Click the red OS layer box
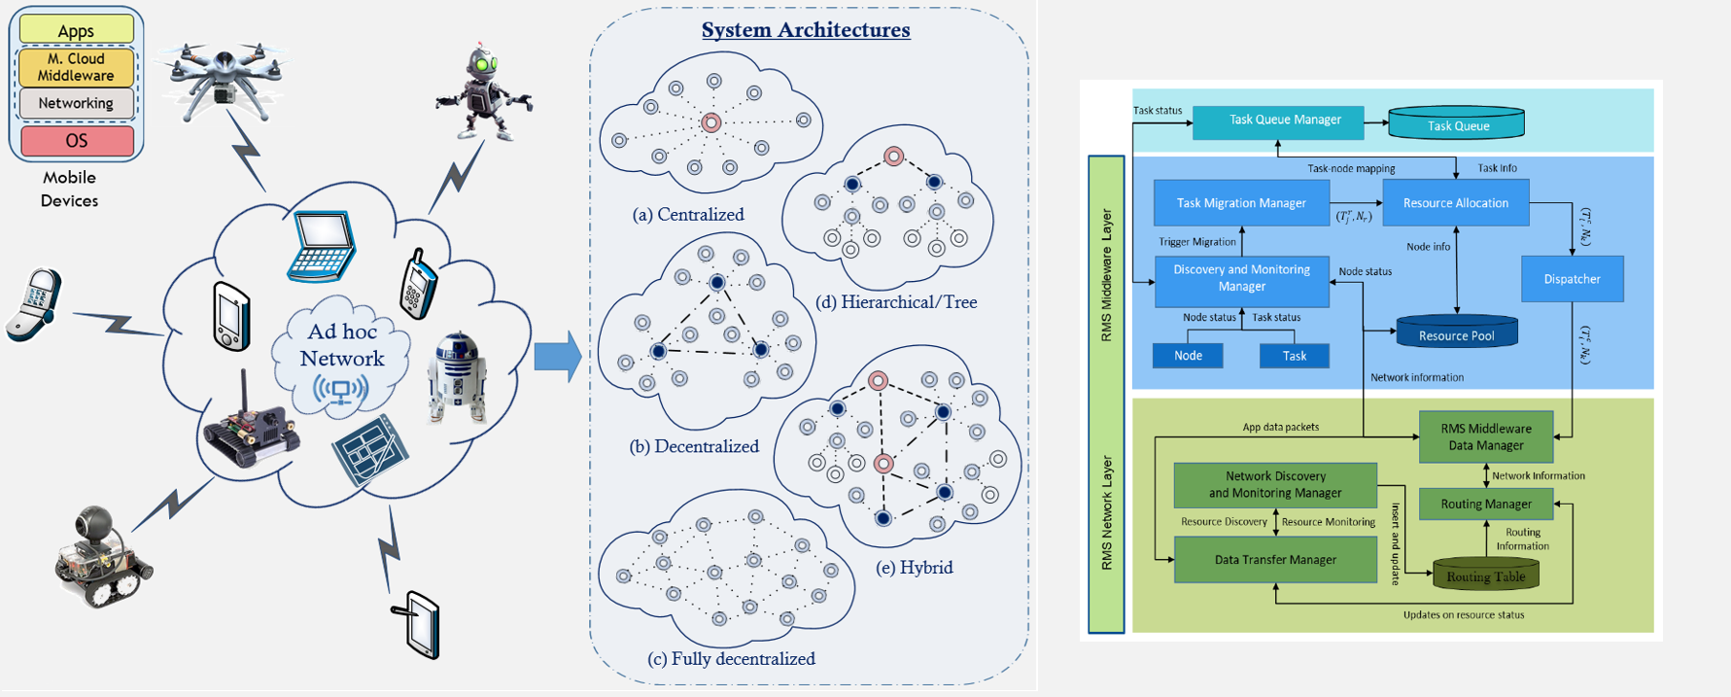point(77,141)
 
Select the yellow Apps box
point(76,30)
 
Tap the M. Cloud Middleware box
point(76,67)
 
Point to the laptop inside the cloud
point(324,245)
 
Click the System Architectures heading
point(806,30)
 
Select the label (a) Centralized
point(688,215)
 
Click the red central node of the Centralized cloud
point(711,122)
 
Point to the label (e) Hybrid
point(914,568)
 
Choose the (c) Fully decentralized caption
point(731,659)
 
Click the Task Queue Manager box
point(1277,121)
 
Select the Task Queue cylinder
point(1456,124)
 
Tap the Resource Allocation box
point(1455,203)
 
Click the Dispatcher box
point(1571,279)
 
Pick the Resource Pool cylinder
point(1456,333)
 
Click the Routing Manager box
point(1485,504)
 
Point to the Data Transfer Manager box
point(1274,560)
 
